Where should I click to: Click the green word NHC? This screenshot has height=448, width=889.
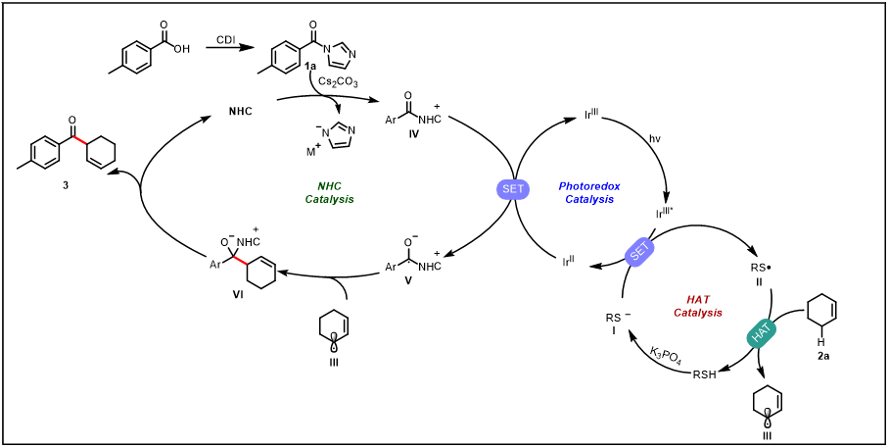[x=329, y=186]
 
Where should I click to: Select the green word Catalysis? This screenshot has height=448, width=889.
[x=329, y=199]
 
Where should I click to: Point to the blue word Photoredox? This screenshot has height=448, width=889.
[x=589, y=186]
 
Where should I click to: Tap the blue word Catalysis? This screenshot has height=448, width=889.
[x=589, y=199]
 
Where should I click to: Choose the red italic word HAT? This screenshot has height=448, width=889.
[x=698, y=300]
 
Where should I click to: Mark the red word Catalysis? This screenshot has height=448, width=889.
[x=698, y=313]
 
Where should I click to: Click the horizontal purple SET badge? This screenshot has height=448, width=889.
[x=513, y=189]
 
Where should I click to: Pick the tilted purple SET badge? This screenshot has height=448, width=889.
[x=639, y=252]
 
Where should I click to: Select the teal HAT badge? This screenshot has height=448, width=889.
[x=761, y=333]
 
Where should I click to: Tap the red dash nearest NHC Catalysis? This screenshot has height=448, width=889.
[x=240, y=260]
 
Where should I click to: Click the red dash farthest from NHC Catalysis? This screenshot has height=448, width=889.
[x=79, y=140]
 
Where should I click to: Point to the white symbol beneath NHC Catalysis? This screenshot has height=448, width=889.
[x=334, y=342]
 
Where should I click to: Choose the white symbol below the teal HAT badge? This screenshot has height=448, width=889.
[x=768, y=418]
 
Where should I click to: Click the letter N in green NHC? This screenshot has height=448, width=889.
[x=321, y=186]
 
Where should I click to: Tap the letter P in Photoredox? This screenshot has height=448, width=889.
[x=562, y=186]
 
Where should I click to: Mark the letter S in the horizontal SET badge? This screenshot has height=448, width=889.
[x=505, y=189]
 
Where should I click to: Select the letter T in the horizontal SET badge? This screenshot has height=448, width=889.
[x=521, y=189]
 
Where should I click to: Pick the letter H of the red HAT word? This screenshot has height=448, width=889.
[x=690, y=300]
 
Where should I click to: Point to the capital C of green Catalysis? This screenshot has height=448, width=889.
[x=308, y=199]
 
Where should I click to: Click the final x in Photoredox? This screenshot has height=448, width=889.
[x=617, y=186]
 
